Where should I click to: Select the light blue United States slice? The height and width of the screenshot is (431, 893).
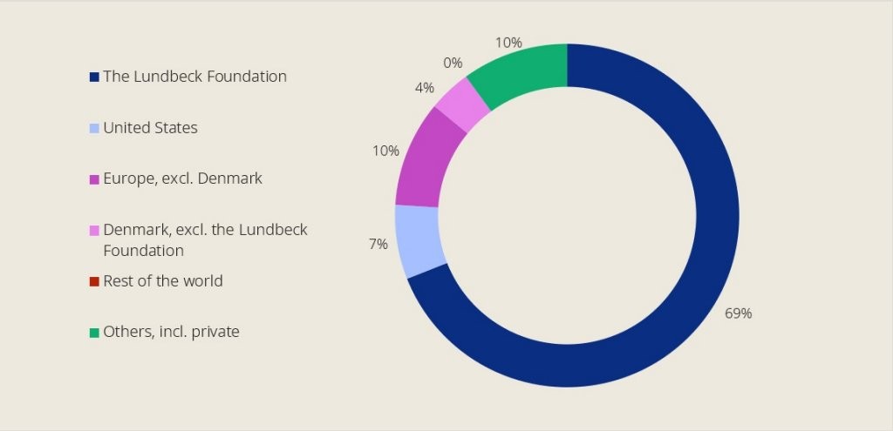[419, 239]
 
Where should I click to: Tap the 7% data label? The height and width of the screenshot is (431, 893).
[378, 245]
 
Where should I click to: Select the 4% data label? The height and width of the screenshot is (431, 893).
[425, 88]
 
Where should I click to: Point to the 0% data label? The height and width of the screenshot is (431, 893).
[453, 63]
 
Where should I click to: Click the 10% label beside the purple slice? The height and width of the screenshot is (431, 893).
[385, 151]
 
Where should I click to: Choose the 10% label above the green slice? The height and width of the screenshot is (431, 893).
[508, 43]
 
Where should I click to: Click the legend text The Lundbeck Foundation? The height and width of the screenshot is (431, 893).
[194, 77]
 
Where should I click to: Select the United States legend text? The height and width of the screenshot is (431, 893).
[150, 128]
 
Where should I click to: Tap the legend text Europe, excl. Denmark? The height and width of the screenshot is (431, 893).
[182, 178]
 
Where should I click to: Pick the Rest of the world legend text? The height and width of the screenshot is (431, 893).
[162, 281]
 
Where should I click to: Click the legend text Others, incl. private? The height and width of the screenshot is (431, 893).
[171, 332]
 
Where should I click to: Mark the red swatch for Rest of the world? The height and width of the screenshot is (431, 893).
[94, 282]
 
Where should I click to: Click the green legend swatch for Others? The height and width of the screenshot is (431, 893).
[94, 333]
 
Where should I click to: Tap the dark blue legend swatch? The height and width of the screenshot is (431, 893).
[94, 77]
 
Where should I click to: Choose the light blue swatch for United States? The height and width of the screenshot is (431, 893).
[94, 129]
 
